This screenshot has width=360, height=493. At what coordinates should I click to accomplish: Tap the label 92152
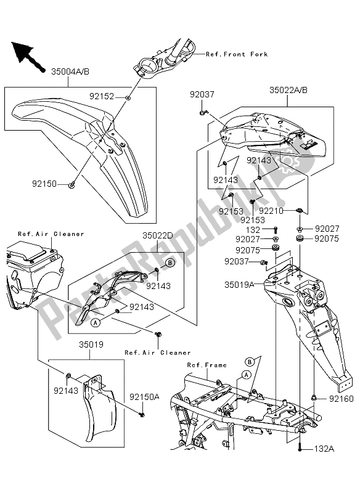click(102, 96)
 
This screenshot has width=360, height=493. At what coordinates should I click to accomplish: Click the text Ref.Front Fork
click(237, 54)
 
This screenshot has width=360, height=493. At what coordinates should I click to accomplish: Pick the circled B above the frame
click(251, 361)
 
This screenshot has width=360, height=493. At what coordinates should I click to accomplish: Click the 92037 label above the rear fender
click(202, 94)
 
